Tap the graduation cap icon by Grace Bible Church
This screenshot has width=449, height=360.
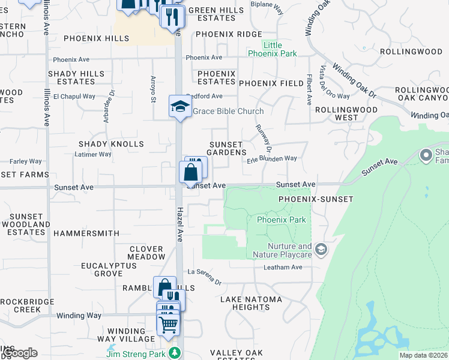[x=179, y=107]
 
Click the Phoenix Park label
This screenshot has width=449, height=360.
[x=281, y=220]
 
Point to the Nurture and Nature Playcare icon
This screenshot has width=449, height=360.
[x=321, y=249]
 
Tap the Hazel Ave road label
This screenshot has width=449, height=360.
[x=179, y=225]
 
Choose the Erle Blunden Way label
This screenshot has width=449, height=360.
[x=272, y=158]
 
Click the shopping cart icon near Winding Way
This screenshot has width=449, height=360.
[x=169, y=325]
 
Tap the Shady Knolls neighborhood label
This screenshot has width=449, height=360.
[x=112, y=144]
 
